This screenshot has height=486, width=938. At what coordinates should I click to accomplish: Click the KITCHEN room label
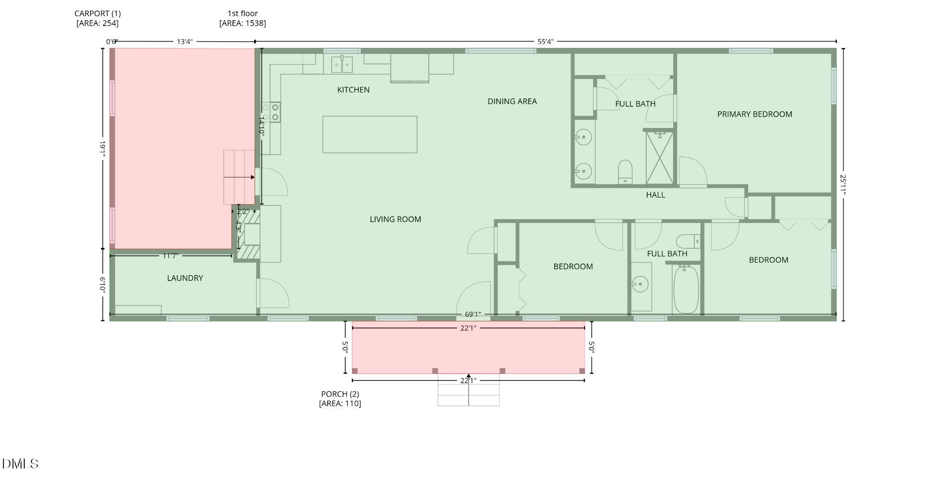point(353,90)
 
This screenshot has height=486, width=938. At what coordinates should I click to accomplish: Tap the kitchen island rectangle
point(369,135)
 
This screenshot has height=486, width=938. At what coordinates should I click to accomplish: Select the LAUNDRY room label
point(185,278)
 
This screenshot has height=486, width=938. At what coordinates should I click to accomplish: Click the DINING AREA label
point(512,101)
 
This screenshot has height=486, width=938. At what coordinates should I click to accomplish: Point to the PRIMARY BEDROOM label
point(754,114)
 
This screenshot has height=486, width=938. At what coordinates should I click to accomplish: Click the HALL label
point(655,195)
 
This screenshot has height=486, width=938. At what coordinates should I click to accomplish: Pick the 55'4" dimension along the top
point(545,42)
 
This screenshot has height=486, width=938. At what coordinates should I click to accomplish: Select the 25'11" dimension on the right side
point(843,185)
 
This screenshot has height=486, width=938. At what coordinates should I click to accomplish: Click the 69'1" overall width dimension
point(473,315)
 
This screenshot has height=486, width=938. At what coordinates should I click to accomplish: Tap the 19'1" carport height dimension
point(102,148)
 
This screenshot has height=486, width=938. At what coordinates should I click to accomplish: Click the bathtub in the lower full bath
point(686,290)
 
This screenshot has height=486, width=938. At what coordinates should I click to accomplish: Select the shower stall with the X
point(659,158)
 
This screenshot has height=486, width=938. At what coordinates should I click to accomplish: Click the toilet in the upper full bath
point(625,172)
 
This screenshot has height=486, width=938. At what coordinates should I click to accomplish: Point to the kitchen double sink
point(342,65)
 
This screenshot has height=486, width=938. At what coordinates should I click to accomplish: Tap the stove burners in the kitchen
point(271,112)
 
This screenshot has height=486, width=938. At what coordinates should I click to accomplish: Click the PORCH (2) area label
point(340,398)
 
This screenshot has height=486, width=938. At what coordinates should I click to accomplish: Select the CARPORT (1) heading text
point(97,13)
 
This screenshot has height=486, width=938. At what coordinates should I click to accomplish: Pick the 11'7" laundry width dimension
point(171,256)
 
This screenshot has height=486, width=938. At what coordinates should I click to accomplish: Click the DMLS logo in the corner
point(20,464)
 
